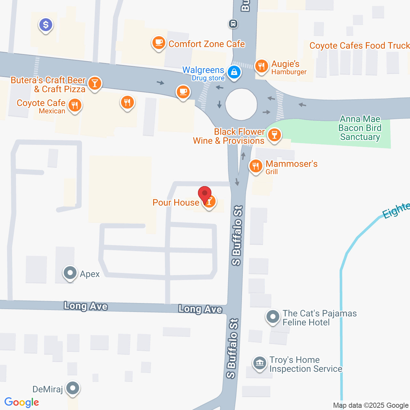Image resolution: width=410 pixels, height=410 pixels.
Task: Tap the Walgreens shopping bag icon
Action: coord(234,72)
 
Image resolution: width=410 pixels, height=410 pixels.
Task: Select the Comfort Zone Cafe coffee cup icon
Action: coord(159,42)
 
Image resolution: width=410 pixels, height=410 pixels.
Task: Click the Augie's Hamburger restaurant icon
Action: coord(262,66)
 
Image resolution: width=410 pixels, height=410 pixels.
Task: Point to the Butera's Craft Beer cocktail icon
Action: coord(94,83)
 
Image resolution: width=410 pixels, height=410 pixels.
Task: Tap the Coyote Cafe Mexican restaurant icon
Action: coord(75,105)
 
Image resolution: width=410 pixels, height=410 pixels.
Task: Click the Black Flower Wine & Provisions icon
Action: coord(274,135)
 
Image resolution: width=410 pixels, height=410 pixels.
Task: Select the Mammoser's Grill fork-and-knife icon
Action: coord(256,166)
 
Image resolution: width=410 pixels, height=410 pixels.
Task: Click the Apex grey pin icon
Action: coord(70,273)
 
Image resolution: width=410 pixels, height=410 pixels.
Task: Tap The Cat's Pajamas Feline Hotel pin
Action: coord(273,317)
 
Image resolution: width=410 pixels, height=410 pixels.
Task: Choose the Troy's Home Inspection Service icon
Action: coord(259,363)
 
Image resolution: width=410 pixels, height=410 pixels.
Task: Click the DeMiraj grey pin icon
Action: coord(73,388)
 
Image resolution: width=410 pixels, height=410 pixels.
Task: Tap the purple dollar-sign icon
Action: coord(46,25)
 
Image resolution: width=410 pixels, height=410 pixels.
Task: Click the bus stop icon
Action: coord(233,23)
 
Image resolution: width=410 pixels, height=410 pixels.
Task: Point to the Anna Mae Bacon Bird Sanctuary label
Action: coord(360,128)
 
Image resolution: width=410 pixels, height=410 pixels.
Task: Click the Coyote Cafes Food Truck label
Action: coord(359,46)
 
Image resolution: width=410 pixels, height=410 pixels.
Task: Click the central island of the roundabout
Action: coord(241,104)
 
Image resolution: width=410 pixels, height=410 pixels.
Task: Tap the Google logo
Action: coord(21,402)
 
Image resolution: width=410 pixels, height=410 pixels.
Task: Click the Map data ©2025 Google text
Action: coord(371,406)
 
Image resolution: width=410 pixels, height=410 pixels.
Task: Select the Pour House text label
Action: coord(176,202)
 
